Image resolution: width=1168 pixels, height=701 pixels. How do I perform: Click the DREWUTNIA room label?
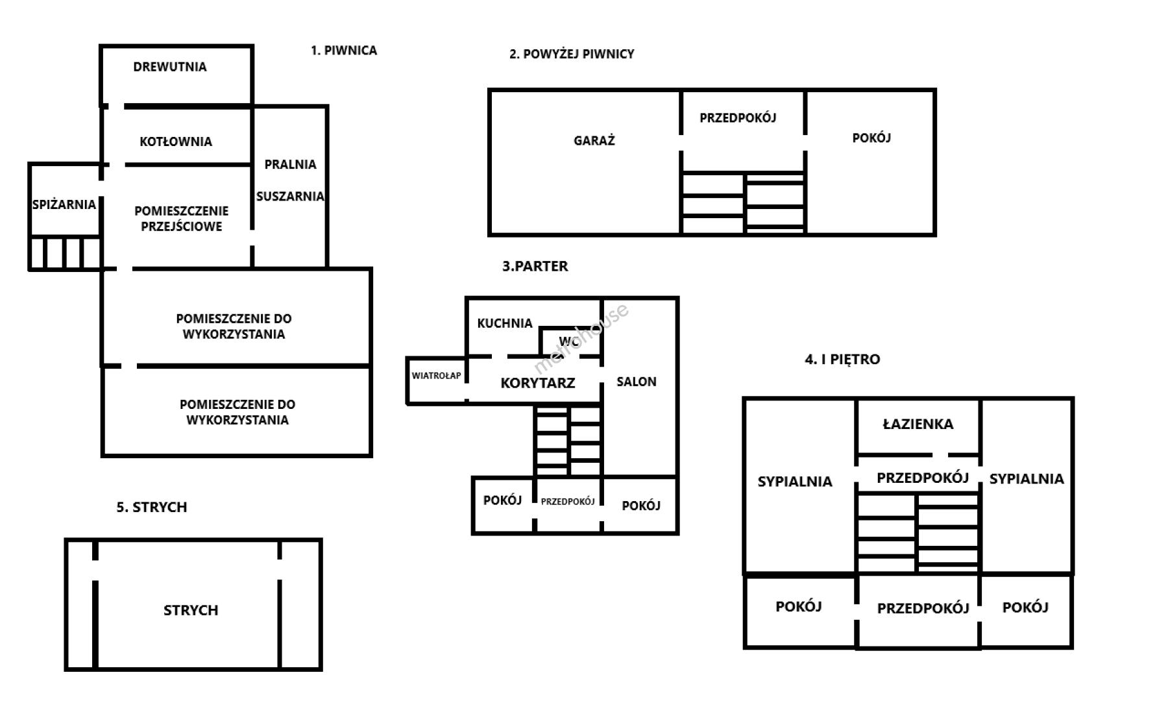point(170,67)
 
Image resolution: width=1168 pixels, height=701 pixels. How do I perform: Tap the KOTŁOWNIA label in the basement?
point(176,141)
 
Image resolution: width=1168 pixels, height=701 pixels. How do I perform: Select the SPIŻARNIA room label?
point(64,204)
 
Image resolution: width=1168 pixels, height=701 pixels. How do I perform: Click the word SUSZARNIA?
point(290,196)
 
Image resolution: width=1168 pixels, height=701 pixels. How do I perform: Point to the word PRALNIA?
point(290,164)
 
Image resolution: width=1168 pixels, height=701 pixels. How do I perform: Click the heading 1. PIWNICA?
point(343,51)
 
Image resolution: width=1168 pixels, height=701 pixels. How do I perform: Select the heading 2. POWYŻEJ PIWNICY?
point(571,54)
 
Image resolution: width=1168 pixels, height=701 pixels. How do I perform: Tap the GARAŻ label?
point(594,140)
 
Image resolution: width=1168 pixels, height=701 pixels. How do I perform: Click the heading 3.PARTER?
point(535,266)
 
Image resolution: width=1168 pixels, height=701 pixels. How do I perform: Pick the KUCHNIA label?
point(504,323)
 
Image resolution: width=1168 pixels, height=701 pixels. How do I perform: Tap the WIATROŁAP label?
point(436,376)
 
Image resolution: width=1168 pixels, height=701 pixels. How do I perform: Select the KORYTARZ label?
point(537,383)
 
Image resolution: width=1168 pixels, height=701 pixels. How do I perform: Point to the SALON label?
point(636,382)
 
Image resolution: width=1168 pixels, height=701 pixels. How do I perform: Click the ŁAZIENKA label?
point(918,424)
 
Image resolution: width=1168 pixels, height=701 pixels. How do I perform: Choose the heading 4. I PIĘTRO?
point(842,360)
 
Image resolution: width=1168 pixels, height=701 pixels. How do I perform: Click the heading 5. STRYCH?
point(152,508)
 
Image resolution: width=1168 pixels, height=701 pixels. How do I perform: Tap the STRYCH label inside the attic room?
point(191,610)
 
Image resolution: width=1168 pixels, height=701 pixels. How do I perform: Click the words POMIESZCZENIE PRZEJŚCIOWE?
point(182,219)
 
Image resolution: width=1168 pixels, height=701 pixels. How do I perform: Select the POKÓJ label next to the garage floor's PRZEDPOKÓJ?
point(871,138)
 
